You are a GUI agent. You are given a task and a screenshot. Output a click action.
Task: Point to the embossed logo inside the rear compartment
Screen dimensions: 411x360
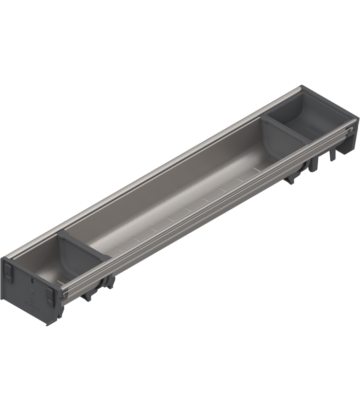pyautogui.click(x=309, y=110)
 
